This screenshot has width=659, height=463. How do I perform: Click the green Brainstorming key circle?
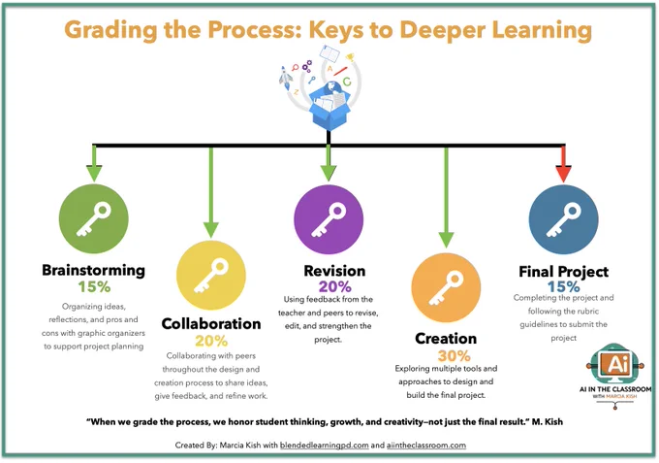click(x=94, y=218)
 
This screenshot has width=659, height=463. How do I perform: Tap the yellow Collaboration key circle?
click(x=211, y=276)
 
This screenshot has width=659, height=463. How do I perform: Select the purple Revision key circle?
click(x=329, y=219)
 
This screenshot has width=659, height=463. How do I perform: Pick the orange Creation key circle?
click(x=446, y=287)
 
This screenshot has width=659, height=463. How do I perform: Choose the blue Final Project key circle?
click(x=563, y=219)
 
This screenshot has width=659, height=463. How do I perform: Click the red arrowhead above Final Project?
click(x=563, y=174)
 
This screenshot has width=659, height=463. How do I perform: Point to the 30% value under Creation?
click(x=454, y=356)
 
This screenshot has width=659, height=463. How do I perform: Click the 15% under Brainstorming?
click(x=94, y=287)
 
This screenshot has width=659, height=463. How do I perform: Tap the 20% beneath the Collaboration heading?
click(x=211, y=341)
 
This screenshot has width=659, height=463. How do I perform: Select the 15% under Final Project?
click(x=564, y=287)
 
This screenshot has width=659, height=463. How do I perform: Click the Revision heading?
click(x=334, y=271)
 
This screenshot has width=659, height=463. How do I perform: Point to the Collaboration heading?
click(x=211, y=323)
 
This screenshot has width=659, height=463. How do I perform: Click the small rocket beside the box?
click(x=286, y=78)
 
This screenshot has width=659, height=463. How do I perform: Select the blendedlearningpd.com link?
click(x=324, y=446)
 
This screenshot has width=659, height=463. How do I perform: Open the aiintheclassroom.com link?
click(x=426, y=446)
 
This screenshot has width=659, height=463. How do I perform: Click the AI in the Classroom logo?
click(x=615, y=376)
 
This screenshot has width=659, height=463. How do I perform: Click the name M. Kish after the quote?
click(x=548, y=422)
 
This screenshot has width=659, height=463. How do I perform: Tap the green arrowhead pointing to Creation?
click(x=446, y=240)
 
